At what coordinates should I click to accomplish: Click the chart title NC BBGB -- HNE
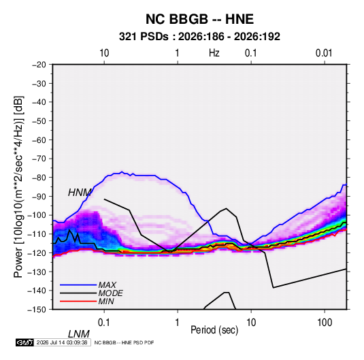click(199, 19)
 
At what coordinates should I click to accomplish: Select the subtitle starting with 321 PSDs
click(199, 37)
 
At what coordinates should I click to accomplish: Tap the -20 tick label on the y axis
click(39, 65)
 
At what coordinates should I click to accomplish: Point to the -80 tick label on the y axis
click(39, 178)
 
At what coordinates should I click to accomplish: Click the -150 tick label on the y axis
click(37, 310)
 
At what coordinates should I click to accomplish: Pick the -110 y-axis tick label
click(37, 234)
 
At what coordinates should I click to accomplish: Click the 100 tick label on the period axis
click(325, 323)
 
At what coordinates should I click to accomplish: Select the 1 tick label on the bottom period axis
click(178, 323)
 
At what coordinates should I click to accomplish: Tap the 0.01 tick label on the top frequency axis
click(324, 53)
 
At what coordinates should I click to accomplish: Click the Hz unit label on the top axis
click(214, 53)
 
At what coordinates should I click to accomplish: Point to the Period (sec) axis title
click(214, 330)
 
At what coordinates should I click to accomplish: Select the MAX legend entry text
click(107, 284)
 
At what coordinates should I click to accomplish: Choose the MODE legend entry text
click(110, 293)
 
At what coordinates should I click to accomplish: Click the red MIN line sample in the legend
click(78, 301)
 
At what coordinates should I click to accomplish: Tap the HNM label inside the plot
click(80, 193)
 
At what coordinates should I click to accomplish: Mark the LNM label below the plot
click(79, 334)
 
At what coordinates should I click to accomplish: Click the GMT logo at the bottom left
click(24, 342)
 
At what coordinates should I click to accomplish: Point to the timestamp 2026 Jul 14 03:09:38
click(62, 342)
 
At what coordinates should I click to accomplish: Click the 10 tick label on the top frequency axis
click(104, 53)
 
